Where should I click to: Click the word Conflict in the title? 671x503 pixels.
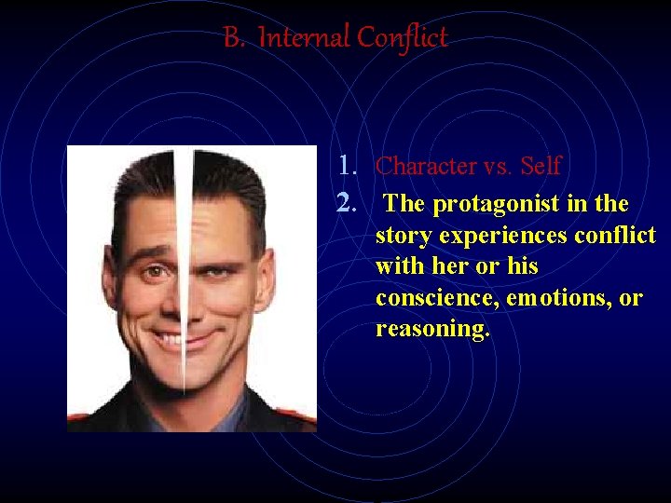[x=403, y=38]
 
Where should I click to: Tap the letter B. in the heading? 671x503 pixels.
[x=234, y=38]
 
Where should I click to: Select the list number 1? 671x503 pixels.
[x=349, y=166]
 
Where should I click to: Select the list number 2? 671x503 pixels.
[x=349, y=203]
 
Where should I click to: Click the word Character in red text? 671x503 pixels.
[x=426, y=166]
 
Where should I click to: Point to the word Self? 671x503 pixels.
[x=541, y=166]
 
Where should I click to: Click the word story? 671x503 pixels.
[x=404, y=235]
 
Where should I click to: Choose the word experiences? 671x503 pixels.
[x=503, y=235]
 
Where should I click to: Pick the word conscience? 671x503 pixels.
[x=434, y=298]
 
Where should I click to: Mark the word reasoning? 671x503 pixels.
[x=432, y=330]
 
